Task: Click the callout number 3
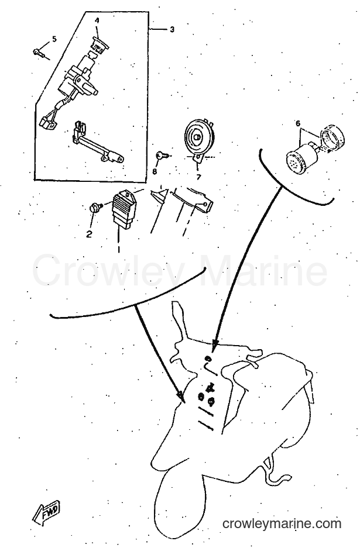(x=172, y=30)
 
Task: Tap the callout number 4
(x=97, y=20)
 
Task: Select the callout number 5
(x=54, y=39)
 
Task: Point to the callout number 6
(x=298, y=123)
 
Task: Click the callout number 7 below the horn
(x=198, y=177)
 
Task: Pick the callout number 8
(x=155, y=171)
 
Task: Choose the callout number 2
(x=89, y=234)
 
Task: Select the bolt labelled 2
(x=95, y=207)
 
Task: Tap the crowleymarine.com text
(x=282, y=523)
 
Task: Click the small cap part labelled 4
(x=101, y=44)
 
